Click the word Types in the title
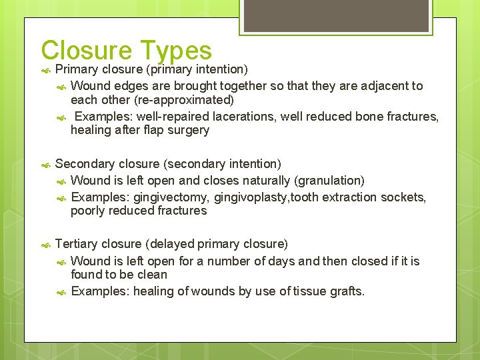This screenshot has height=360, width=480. tap(176, 51)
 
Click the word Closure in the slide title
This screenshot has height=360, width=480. tap(87, 51)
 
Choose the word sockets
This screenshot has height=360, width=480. tap(404, 197)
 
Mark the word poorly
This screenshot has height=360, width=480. tap(89, 211)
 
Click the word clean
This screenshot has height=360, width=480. tap(152, 275)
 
